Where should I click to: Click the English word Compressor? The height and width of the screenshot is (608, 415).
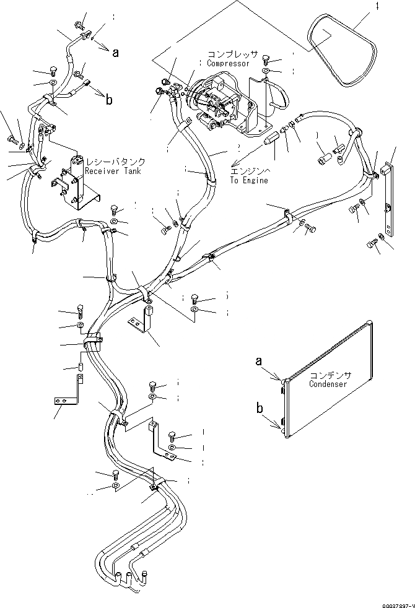click(x=229, y=64)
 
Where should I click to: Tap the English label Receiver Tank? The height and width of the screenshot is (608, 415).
click(x=113, y=172)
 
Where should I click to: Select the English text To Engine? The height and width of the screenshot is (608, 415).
click(x=249, y=181)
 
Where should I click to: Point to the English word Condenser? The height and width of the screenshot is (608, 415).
click(x=328, y=384)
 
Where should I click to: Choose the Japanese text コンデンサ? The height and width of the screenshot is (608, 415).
click(x=330, y=375)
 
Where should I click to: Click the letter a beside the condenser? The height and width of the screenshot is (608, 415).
click(x=260, y=360)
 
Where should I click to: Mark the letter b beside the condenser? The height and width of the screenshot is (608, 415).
click(x=260, y=407)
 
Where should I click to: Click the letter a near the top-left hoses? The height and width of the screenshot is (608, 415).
click(x=115, y=53)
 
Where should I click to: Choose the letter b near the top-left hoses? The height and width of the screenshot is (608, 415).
click(x=109, y=99)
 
